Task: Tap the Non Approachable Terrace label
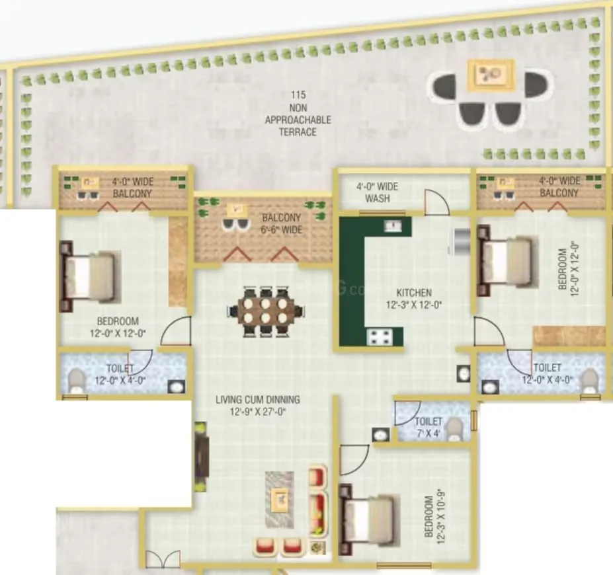[x=298, y=114]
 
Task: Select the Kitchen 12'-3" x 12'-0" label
[x=414, y=299]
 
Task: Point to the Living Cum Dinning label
[x=258, y=405]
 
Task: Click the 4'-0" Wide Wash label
[x=377, y=192]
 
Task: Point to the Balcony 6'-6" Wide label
[x=281, y=223]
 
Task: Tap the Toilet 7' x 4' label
[x=428, y=427]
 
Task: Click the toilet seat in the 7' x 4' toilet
[x=454, y=429]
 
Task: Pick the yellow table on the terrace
[x=490, y=75]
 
